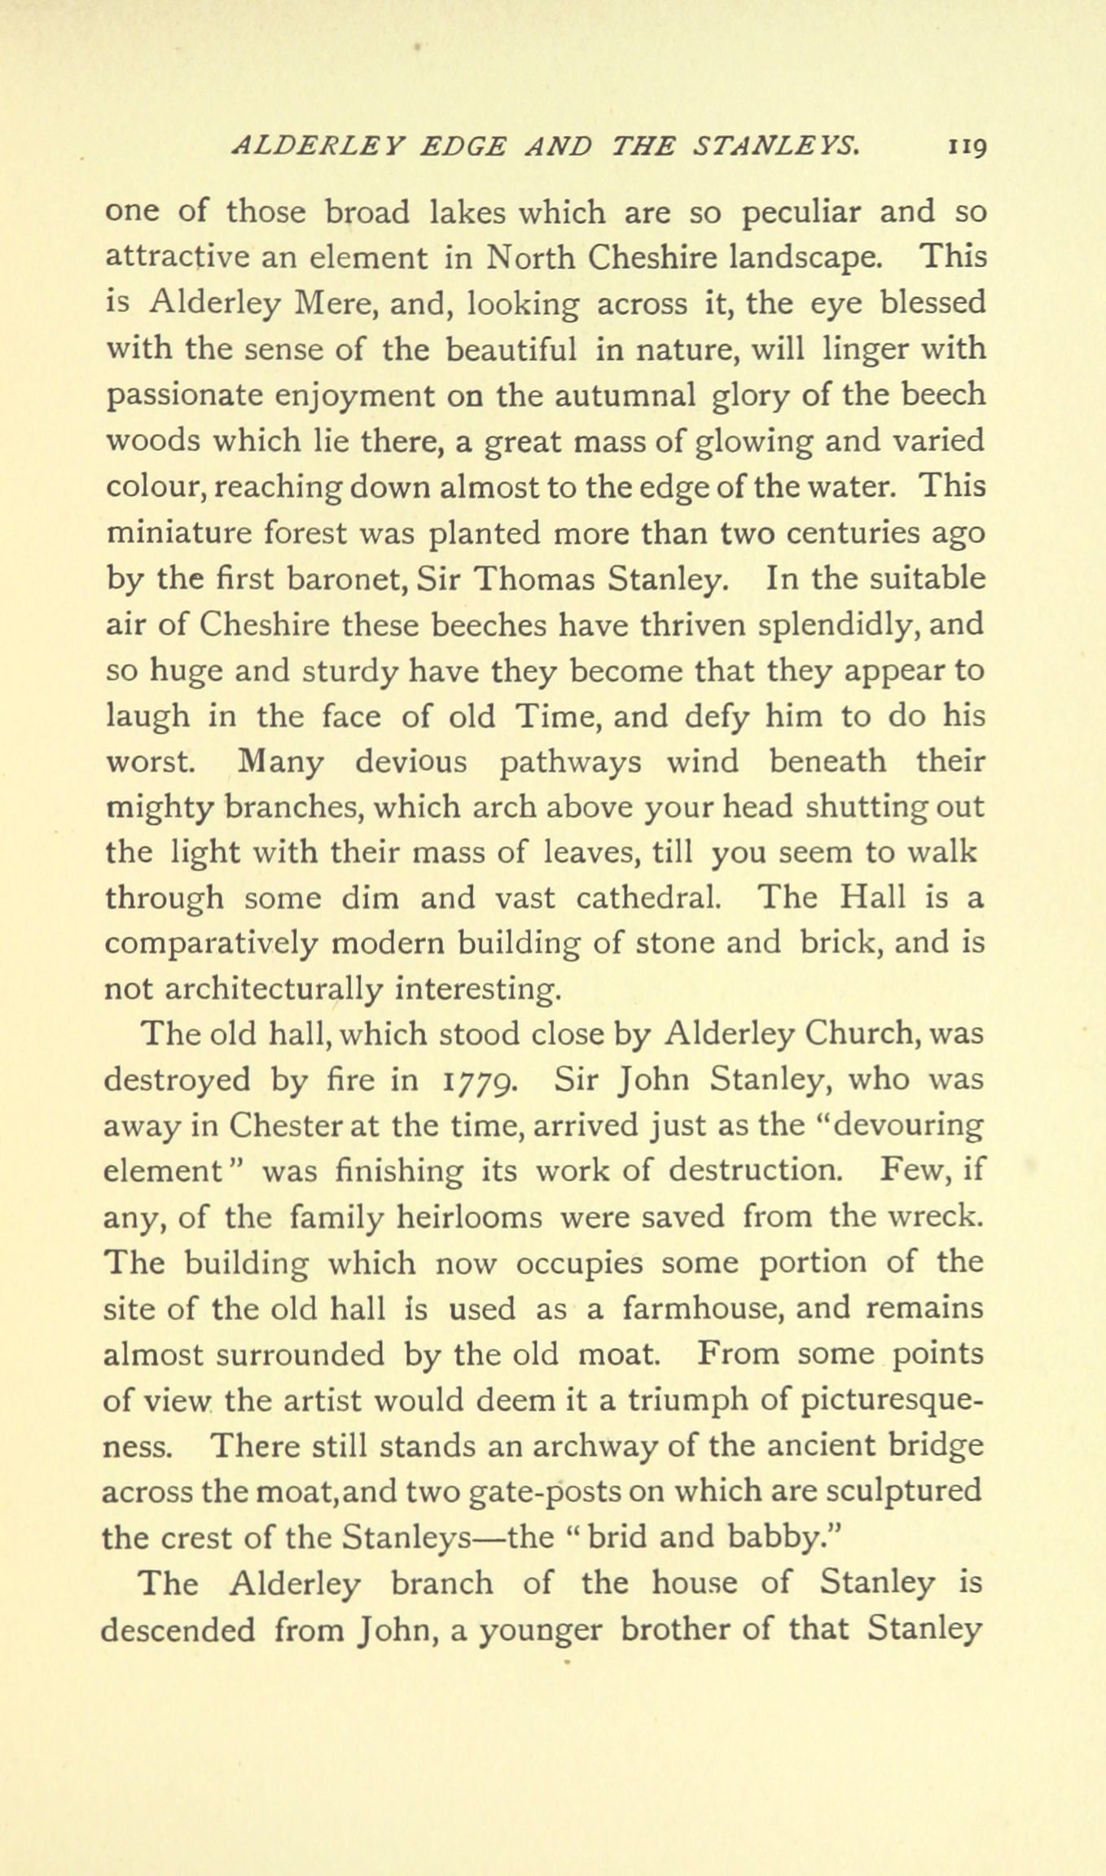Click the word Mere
coord(336,304)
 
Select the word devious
coord(411,762)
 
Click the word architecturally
coord(273,989)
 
